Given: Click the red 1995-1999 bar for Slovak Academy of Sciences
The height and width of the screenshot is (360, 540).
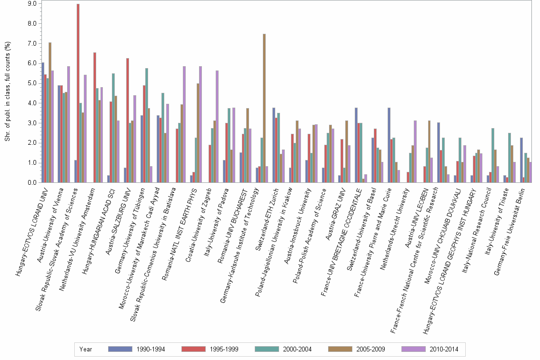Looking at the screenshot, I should click(78, 93).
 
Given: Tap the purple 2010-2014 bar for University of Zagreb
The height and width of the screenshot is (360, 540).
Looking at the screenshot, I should click(217, 127).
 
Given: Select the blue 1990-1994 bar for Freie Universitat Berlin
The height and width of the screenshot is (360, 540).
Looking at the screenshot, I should click(521, 160).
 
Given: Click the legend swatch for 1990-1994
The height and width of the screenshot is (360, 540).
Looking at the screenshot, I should click(120, 349).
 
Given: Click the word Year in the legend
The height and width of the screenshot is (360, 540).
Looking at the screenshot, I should click(86, 349).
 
